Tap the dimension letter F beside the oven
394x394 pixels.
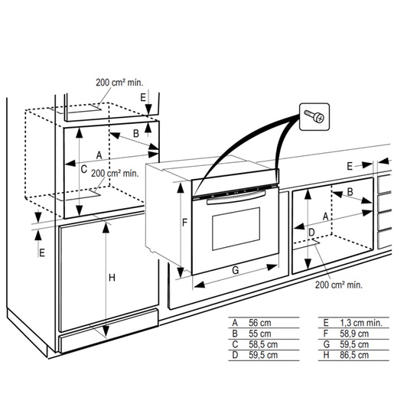tap(184, 223)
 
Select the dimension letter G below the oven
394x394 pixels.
tap(236, 270)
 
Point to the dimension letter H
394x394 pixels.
tap(112, 278)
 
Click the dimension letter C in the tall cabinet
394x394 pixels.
tap(83, 169)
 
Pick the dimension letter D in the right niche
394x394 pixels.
tap(311, 231)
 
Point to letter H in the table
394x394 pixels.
tap(326, 355)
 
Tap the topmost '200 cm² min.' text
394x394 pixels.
tap(120, 83)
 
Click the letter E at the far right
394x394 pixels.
tap(350, 165)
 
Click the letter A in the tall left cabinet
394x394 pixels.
tap(99, 155)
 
